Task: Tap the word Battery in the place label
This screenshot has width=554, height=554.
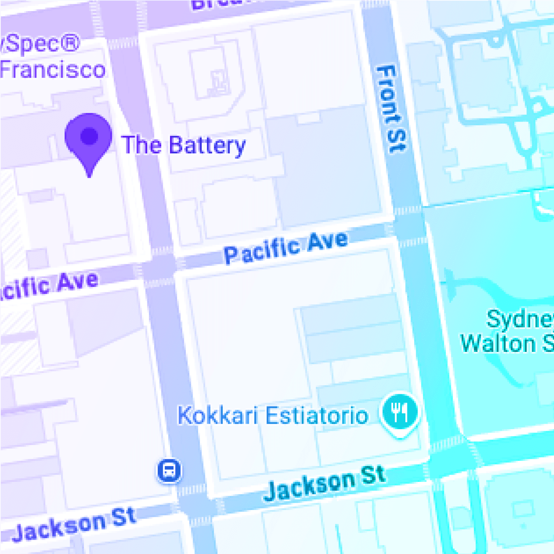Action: point(207,146)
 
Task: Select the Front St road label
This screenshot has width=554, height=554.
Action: point(391,109)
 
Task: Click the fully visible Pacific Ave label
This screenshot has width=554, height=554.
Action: point(286,247)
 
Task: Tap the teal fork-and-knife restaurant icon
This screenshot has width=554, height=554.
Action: point(399,413)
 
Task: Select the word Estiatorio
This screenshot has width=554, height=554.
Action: point(317,416)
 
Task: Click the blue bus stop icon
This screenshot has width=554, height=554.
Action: point(170,470)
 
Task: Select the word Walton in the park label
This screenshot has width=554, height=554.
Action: point(498,343)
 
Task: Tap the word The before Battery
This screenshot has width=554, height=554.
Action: point(141,145)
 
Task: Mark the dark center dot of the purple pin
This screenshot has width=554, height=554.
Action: point(89,136)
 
